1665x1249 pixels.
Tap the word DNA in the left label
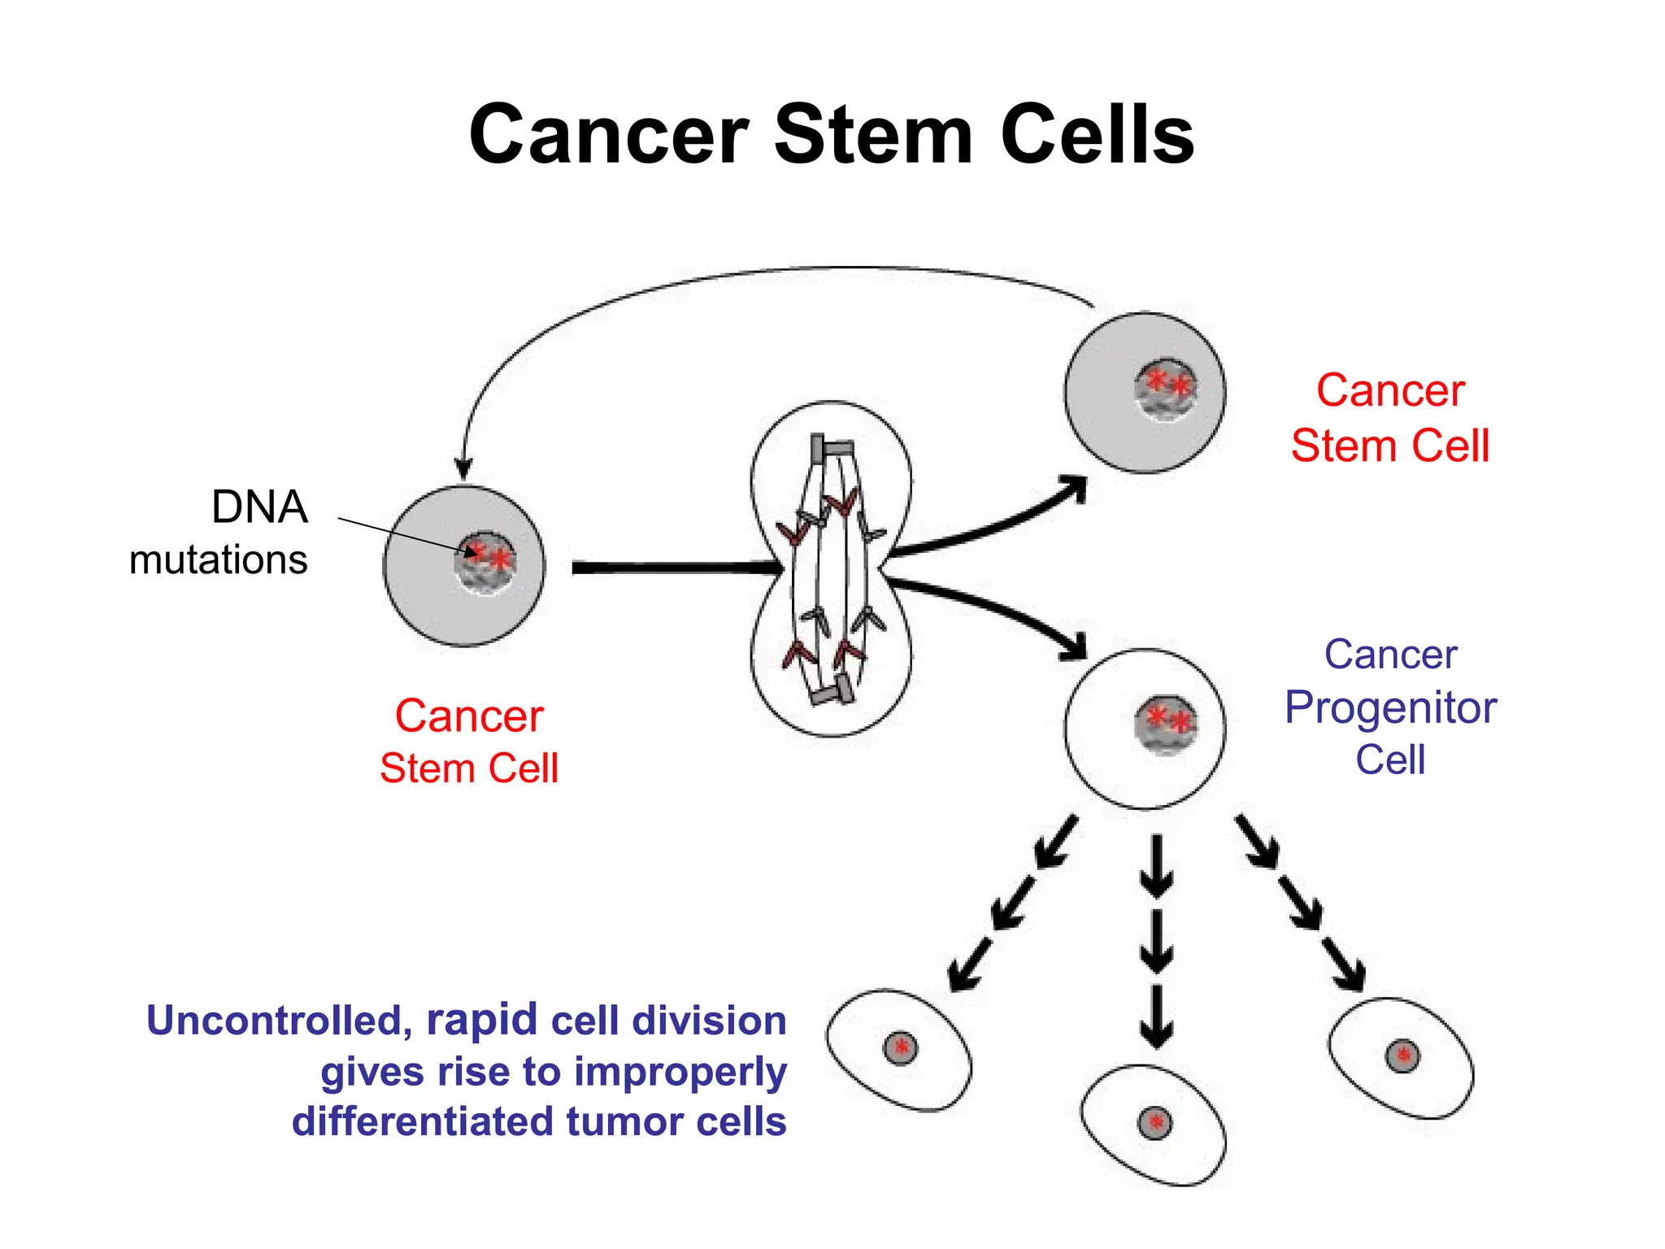(259, 507)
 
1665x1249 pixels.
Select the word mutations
(218, 560)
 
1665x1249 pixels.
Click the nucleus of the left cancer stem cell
(486, 563)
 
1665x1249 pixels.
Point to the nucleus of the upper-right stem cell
(1166, 390)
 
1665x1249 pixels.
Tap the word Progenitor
(1390, 707)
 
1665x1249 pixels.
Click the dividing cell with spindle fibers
(831, 569)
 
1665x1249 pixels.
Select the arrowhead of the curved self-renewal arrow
(463, 469)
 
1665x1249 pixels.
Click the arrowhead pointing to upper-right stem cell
(1076, 488)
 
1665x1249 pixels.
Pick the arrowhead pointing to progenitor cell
(1075, 647)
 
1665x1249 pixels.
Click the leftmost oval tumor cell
(898, 1049)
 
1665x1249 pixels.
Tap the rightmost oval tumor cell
(1401, 1058)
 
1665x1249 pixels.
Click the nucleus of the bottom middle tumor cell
(1154, 1123)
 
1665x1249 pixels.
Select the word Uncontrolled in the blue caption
(275, 1021)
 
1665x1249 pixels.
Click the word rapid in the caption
(481, 1021)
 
